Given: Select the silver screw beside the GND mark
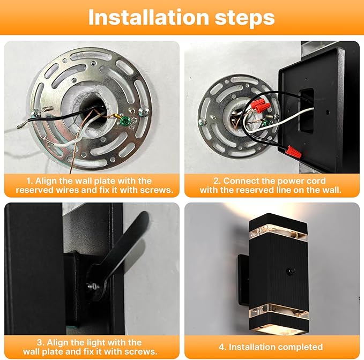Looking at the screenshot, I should [144, 111].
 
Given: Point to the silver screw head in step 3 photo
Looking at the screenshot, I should [91, 287].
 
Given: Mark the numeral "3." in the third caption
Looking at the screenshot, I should [40, 342].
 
